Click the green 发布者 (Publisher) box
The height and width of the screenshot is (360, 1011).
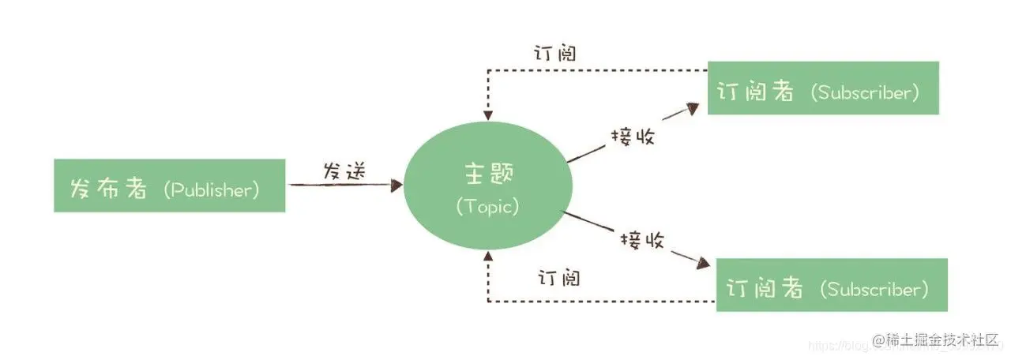169,186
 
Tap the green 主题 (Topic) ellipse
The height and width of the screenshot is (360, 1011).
487,187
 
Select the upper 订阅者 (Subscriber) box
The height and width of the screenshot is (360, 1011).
822,88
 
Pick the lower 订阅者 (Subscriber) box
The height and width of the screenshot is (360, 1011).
832,284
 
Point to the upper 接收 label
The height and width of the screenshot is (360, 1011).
632,136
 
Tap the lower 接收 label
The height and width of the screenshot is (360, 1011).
642,238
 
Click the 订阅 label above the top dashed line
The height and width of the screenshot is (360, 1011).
554,54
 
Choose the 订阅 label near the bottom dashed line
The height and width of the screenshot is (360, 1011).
559,278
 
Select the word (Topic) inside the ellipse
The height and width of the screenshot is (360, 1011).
487,207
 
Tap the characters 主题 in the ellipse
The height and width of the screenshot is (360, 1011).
487,173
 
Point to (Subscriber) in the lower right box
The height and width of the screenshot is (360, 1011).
874,289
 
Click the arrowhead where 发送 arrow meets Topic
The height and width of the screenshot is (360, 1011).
397,186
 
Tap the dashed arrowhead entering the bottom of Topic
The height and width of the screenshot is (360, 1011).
488,256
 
